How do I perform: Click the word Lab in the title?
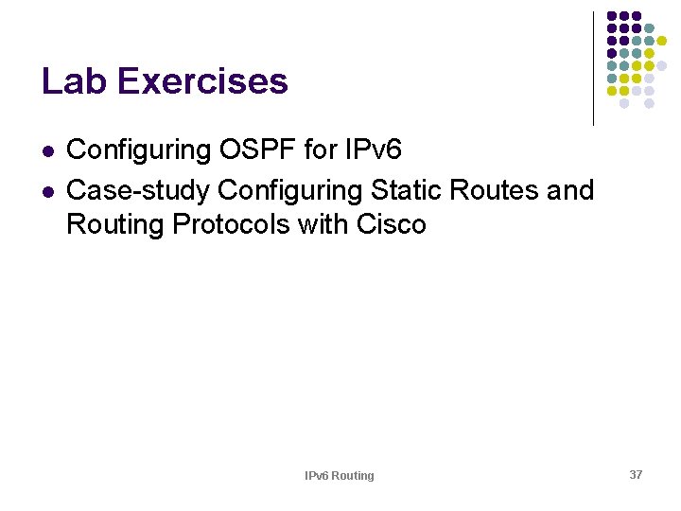71,81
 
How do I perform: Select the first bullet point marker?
47,150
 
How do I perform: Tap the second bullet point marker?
47,191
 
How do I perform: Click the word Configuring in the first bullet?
137,150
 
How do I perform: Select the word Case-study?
138,190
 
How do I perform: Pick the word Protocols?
236,225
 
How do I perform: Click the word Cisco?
392,225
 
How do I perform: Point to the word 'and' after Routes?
570,190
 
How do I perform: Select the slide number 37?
636,474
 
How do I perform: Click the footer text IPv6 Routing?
339,476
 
